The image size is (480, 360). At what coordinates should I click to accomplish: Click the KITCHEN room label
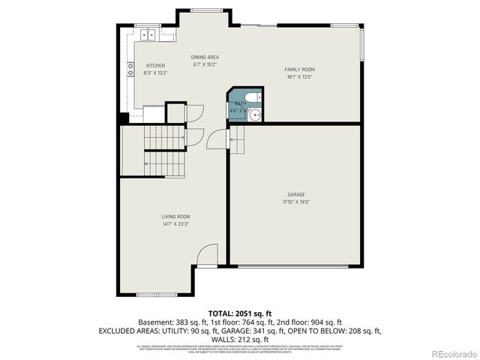pos(155,66)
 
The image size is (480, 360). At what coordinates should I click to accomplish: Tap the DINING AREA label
pos(205,57)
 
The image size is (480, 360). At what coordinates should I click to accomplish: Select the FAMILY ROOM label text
pos(299,70)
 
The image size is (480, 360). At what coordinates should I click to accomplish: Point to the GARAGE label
pos(295,194)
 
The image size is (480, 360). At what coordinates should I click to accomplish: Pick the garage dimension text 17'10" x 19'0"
pos(295,201)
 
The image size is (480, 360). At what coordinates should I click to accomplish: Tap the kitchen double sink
pos(151,33)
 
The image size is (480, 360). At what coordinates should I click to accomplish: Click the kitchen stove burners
pos(129,70)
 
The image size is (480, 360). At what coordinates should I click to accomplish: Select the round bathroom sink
pos(256,115)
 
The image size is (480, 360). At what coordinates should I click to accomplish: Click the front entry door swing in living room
pos(206,256)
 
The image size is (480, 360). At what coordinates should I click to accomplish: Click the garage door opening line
pos(295,265)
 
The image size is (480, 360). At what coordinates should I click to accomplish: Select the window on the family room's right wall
pos(362,44)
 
